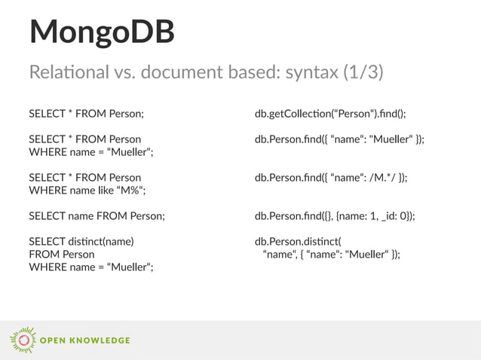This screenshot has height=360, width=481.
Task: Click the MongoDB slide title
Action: pyautogui.click(x=101, y=32)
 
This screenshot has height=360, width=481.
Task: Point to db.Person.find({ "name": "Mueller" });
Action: pyautogui.click(x=339, y=139)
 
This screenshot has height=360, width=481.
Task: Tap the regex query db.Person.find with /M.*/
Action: pyautogui.click(x=331, y=178)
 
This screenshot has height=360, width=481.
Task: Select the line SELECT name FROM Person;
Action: pyautogui.click(x=97, y=216)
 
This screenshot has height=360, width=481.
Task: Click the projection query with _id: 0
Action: pyautogui.click(x=335, y=216)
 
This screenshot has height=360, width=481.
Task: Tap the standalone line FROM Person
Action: pyautogui.click(x=62, y=255)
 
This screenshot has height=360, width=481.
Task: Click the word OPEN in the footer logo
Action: pyautogui.click(x=55, y=340)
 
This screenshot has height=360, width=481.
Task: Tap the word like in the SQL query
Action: pyautogui.click(x=96, y=191)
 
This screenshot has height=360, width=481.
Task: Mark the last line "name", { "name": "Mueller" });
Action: pyautogui.click(x=331, y=255)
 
